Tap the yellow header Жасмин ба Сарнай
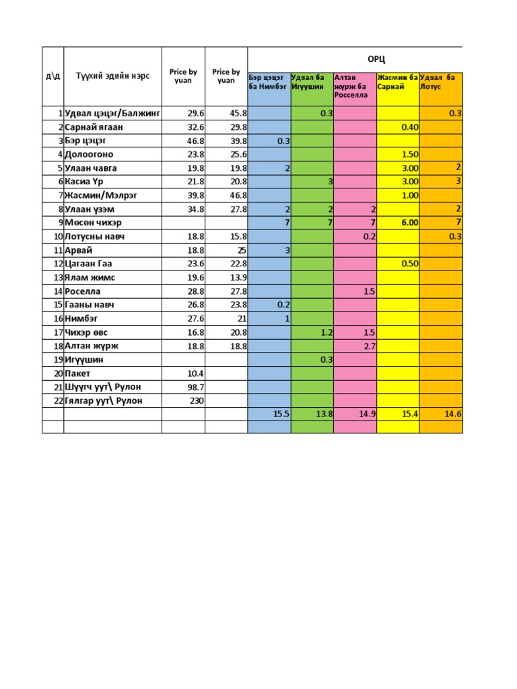(398, 82)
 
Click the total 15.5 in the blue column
(281, 414)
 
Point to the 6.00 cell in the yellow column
(409, 222)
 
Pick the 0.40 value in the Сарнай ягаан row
(409, 126)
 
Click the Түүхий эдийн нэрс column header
(112, 75)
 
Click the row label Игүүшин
(84, 359)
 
